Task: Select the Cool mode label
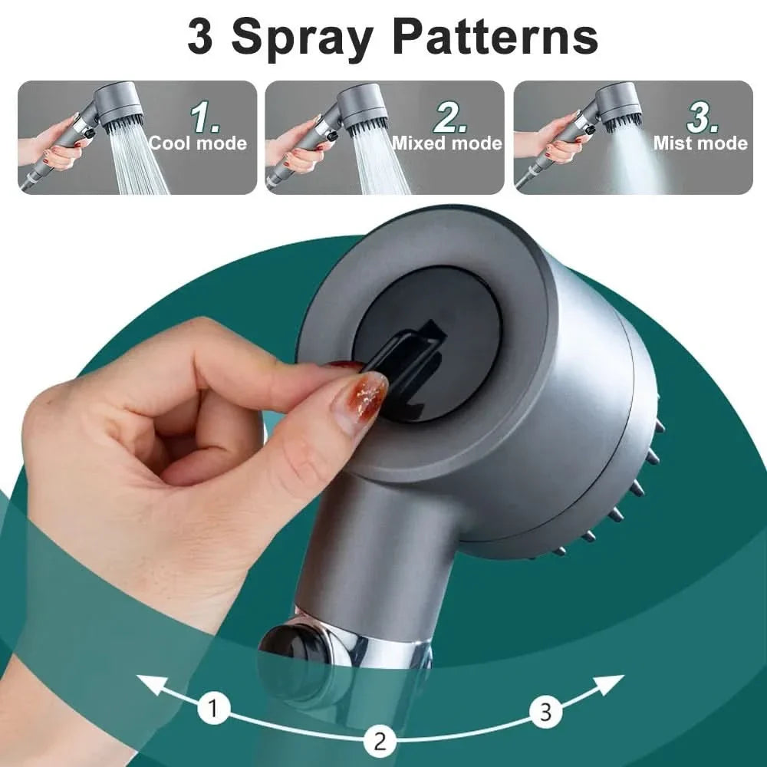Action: tap(198, 143)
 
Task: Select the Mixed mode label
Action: tap(447, 143)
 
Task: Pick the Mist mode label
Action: tap(700, 143)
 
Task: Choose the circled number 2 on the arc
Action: tap(379, 741)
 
